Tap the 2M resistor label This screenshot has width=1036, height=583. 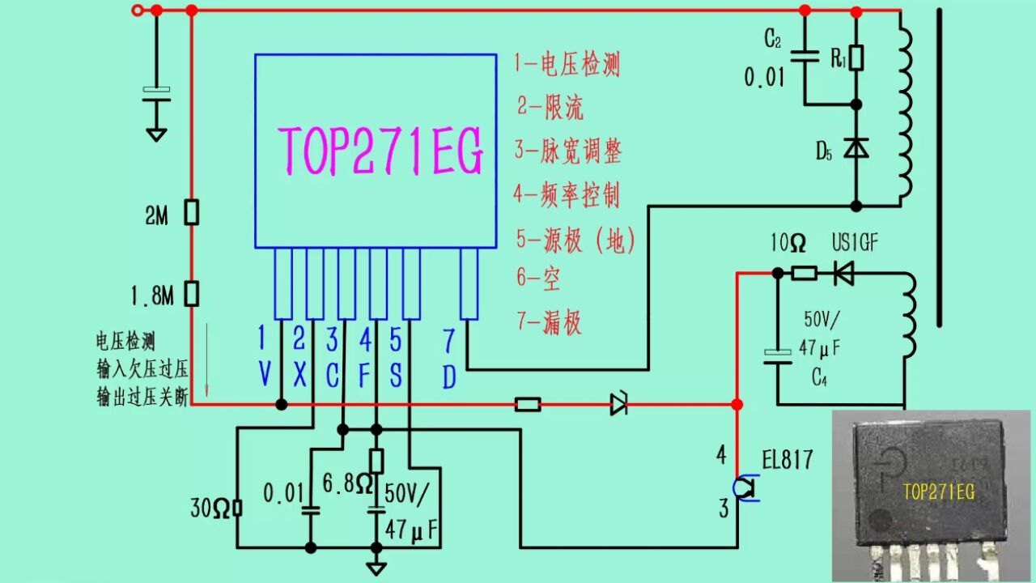click(x=156, y=215)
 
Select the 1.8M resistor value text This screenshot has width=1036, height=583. click(x=151, y=296)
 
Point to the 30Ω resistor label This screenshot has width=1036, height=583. click(x=210, y=509)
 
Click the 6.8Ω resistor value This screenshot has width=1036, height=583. click(x=347, y=484)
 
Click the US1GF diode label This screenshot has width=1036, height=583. click(x=856, y=243)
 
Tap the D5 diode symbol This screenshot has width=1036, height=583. click(x=856, y=148)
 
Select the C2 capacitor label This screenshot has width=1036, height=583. click(x=773, y=39)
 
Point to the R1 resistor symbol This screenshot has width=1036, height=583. click(x=856, y=57)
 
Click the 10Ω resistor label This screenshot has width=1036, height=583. click(x=788, y=243)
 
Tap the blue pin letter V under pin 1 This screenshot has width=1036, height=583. click(x=264, y=373)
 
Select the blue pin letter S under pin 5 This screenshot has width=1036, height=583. click(x=395, y=374)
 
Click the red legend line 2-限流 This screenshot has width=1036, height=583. click(x=550, y=107)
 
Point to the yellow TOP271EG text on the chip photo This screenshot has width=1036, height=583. click(x=938, y=492)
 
